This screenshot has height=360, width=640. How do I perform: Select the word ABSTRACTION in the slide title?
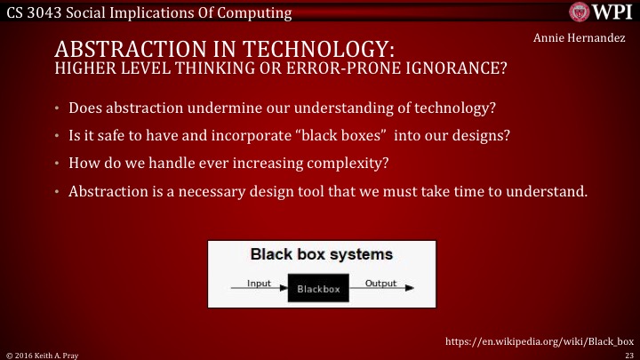tap(129, 48)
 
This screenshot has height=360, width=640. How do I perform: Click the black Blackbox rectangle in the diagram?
tap(312, 288)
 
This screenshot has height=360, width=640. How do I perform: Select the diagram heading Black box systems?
tap(321, 254)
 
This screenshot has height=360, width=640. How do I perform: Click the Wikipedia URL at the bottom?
tap(538, 340)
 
